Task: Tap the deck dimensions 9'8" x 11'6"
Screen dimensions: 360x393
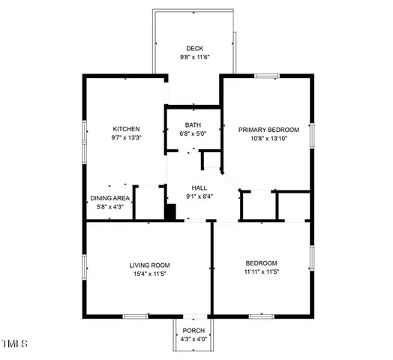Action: pyautogui.click(x=195, y=57)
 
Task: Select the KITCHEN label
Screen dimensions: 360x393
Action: pyautogui.click(x=126, y=128)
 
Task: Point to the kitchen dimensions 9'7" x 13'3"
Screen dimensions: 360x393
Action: pyautogui.click(x=126, y=137)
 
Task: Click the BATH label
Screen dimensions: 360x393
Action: pyautogui.click(x=193, y=125)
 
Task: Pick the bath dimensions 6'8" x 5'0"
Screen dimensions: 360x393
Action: pyautogui.click(x=193, y=133)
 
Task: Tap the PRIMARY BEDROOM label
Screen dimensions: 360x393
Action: pyautogui.click(x=268, y=130)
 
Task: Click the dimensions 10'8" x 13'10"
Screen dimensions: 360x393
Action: pyautogui.click(x=268, y=138)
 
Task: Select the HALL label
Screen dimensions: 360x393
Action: pyautogui.click(x=199, y=188)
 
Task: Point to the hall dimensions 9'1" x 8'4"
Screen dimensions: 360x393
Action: pyautogui.click(x=199, y=197)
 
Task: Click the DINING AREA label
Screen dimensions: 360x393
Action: pyautogui.click(x=110, y=198)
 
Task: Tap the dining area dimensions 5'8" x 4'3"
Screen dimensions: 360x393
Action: pyautogui.click(x=110, y=207)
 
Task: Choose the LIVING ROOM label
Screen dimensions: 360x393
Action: pyautogui.click(x=149, y=265)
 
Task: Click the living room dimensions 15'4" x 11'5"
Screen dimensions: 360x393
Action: pyautogui.click(x=149, y=274)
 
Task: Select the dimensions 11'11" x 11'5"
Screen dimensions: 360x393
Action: pyautogui.click(x=262, y=272)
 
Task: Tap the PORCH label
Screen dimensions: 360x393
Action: pyautogui.click(x=193, y=330)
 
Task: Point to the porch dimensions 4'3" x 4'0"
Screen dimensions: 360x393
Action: pyautogui.click(x=193, y=339)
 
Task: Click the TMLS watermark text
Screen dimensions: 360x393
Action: pyautogui.click(x=14, y=344)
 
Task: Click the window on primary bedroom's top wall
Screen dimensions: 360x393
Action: pyautogui.click(x=266, y=76)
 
